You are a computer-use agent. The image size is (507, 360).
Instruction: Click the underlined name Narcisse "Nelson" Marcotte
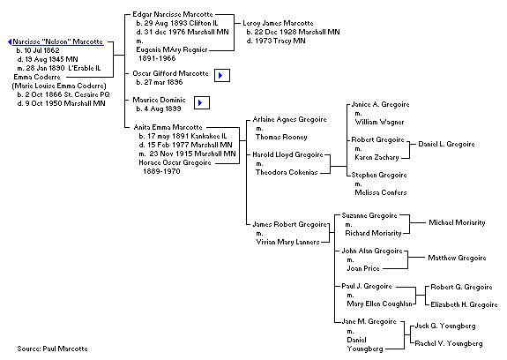(x=58, y=41)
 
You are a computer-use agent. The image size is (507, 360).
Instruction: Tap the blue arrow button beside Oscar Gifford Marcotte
(x=222, y=75)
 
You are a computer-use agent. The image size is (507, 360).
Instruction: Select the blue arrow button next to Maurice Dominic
(x=202, y=103)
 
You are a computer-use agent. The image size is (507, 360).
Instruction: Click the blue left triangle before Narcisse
(x=10, y=42)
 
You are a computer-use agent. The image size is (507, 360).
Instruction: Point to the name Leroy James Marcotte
(x=278, y=23)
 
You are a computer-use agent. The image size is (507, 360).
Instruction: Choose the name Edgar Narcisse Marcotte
(x=173, y=14)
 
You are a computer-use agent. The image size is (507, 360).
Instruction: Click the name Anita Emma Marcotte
(x=168, y=127)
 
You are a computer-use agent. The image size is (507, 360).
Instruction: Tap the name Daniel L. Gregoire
(x=446, y=144)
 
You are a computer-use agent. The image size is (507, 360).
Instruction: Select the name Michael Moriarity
(x=457, y=222)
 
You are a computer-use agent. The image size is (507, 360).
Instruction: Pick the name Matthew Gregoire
(x=457, y=258)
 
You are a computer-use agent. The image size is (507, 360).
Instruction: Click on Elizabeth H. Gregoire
(x=464, y=304)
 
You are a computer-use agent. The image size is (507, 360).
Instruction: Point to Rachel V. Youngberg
(x=449, y=343)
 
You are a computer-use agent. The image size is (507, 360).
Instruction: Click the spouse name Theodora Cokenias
(x=287, y=172)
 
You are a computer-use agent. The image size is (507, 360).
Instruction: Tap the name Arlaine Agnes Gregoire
(x=289, y=120)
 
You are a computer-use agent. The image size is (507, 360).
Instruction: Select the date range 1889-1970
(x=161, y=171)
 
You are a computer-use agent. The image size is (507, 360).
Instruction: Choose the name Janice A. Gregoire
(x=380, y=104)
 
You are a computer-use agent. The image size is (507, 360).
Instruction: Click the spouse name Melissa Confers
(x=381, y=192)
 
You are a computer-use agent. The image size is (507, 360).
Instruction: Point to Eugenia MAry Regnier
(x=172, y=49)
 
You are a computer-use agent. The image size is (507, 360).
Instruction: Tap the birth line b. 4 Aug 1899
(x=159, y=109)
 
